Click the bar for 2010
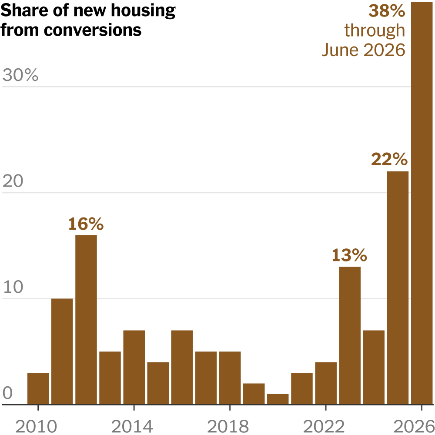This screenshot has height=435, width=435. click(x=38, y=388)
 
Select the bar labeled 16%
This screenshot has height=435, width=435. click(x=86, y=320)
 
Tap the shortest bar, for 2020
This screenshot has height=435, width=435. click(x=278, y=399)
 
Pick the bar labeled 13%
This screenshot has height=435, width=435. click(x=350, y=335)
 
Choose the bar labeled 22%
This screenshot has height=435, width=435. click(x=398, y=288)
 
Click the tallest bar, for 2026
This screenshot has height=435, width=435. click(x=422, y=203)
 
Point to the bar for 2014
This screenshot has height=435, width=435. click(x=134, y=367)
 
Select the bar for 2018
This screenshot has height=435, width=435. click(x=230, y=378)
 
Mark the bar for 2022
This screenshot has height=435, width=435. click(x=326, y=383)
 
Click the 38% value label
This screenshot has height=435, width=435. click(x=387, y=11)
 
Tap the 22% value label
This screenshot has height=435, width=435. click(x=389, y=159)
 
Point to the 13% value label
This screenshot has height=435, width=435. click(x=349, y=255)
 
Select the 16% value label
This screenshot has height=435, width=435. click(x=86, y=224)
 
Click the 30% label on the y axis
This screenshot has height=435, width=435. click(x=20, y=75)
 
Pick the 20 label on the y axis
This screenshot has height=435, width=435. click(x=13, y=181)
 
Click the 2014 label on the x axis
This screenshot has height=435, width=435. click(x=132, y=426)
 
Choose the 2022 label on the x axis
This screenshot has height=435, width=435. click(x=324, y=426)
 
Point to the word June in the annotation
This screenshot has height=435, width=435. click(x=340, y=50)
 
